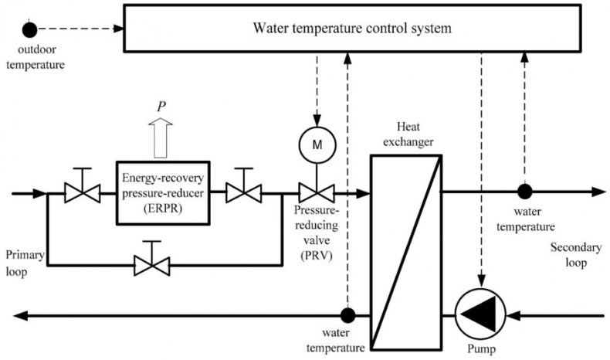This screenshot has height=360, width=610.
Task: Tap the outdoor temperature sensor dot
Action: (29, 29)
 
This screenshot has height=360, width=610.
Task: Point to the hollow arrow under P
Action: (161, 138)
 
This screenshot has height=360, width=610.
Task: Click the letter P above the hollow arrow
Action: (161, 107)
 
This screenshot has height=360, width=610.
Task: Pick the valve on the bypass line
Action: (151, 266)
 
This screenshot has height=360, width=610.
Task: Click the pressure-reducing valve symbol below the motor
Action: (317, 193)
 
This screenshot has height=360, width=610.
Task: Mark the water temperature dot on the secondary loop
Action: (525, 192)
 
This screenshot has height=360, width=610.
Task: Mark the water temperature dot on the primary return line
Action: (347, 315)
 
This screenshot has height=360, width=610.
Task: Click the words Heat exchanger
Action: (408, 134)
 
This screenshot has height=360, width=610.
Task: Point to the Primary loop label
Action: (25, 263)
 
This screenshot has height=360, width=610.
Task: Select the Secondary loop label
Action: (576, 255)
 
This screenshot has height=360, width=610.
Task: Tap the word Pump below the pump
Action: (481, 348)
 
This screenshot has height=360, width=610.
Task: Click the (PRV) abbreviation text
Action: (317, 256)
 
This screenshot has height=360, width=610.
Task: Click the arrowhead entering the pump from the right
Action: (513, 315)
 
